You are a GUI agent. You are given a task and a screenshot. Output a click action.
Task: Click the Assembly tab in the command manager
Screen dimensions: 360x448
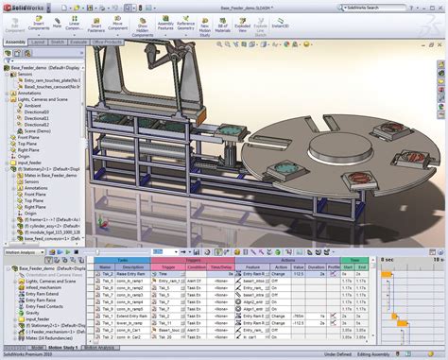15,43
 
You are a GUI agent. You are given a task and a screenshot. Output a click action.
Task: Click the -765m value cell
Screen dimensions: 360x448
299,315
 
